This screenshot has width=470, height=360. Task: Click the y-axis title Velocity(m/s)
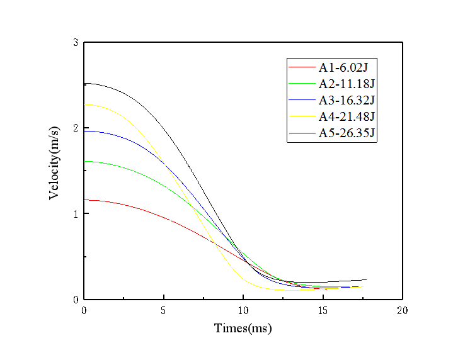pos(55,163)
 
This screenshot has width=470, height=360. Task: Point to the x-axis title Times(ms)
pos(243,328)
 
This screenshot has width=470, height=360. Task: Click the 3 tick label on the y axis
pos(75,43)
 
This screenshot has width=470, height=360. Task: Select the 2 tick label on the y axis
pos(75,128)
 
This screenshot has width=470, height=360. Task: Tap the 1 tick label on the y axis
pos(75,214)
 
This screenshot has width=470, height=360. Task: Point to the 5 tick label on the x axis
pos(164,310)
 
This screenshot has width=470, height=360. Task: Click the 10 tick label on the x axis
pos(243,310)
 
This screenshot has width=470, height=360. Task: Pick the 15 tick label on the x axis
pos(323,310)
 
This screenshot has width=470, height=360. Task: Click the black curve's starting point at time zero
pos(84,83)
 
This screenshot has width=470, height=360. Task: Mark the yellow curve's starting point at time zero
pos(84,104)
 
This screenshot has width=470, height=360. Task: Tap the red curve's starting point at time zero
pos(84,200)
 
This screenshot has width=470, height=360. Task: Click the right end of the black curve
pos(366,279)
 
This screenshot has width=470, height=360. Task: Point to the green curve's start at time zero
pos(84,161)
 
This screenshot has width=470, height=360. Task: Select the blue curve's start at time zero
pos(84,131)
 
